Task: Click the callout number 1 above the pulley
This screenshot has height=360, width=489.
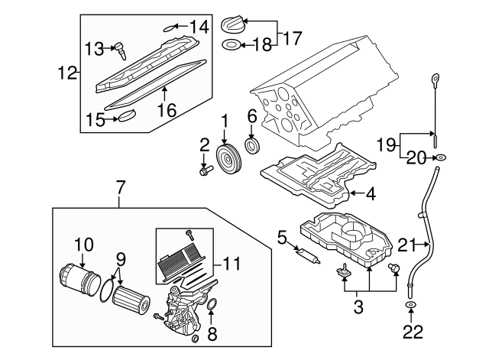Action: click(225, 121)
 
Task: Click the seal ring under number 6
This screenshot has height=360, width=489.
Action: click(251, 146)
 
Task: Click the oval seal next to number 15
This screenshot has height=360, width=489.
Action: click(125, 116)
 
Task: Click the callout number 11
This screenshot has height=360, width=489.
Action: click(232, 265)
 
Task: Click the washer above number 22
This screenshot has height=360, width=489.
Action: click(411, 307)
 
